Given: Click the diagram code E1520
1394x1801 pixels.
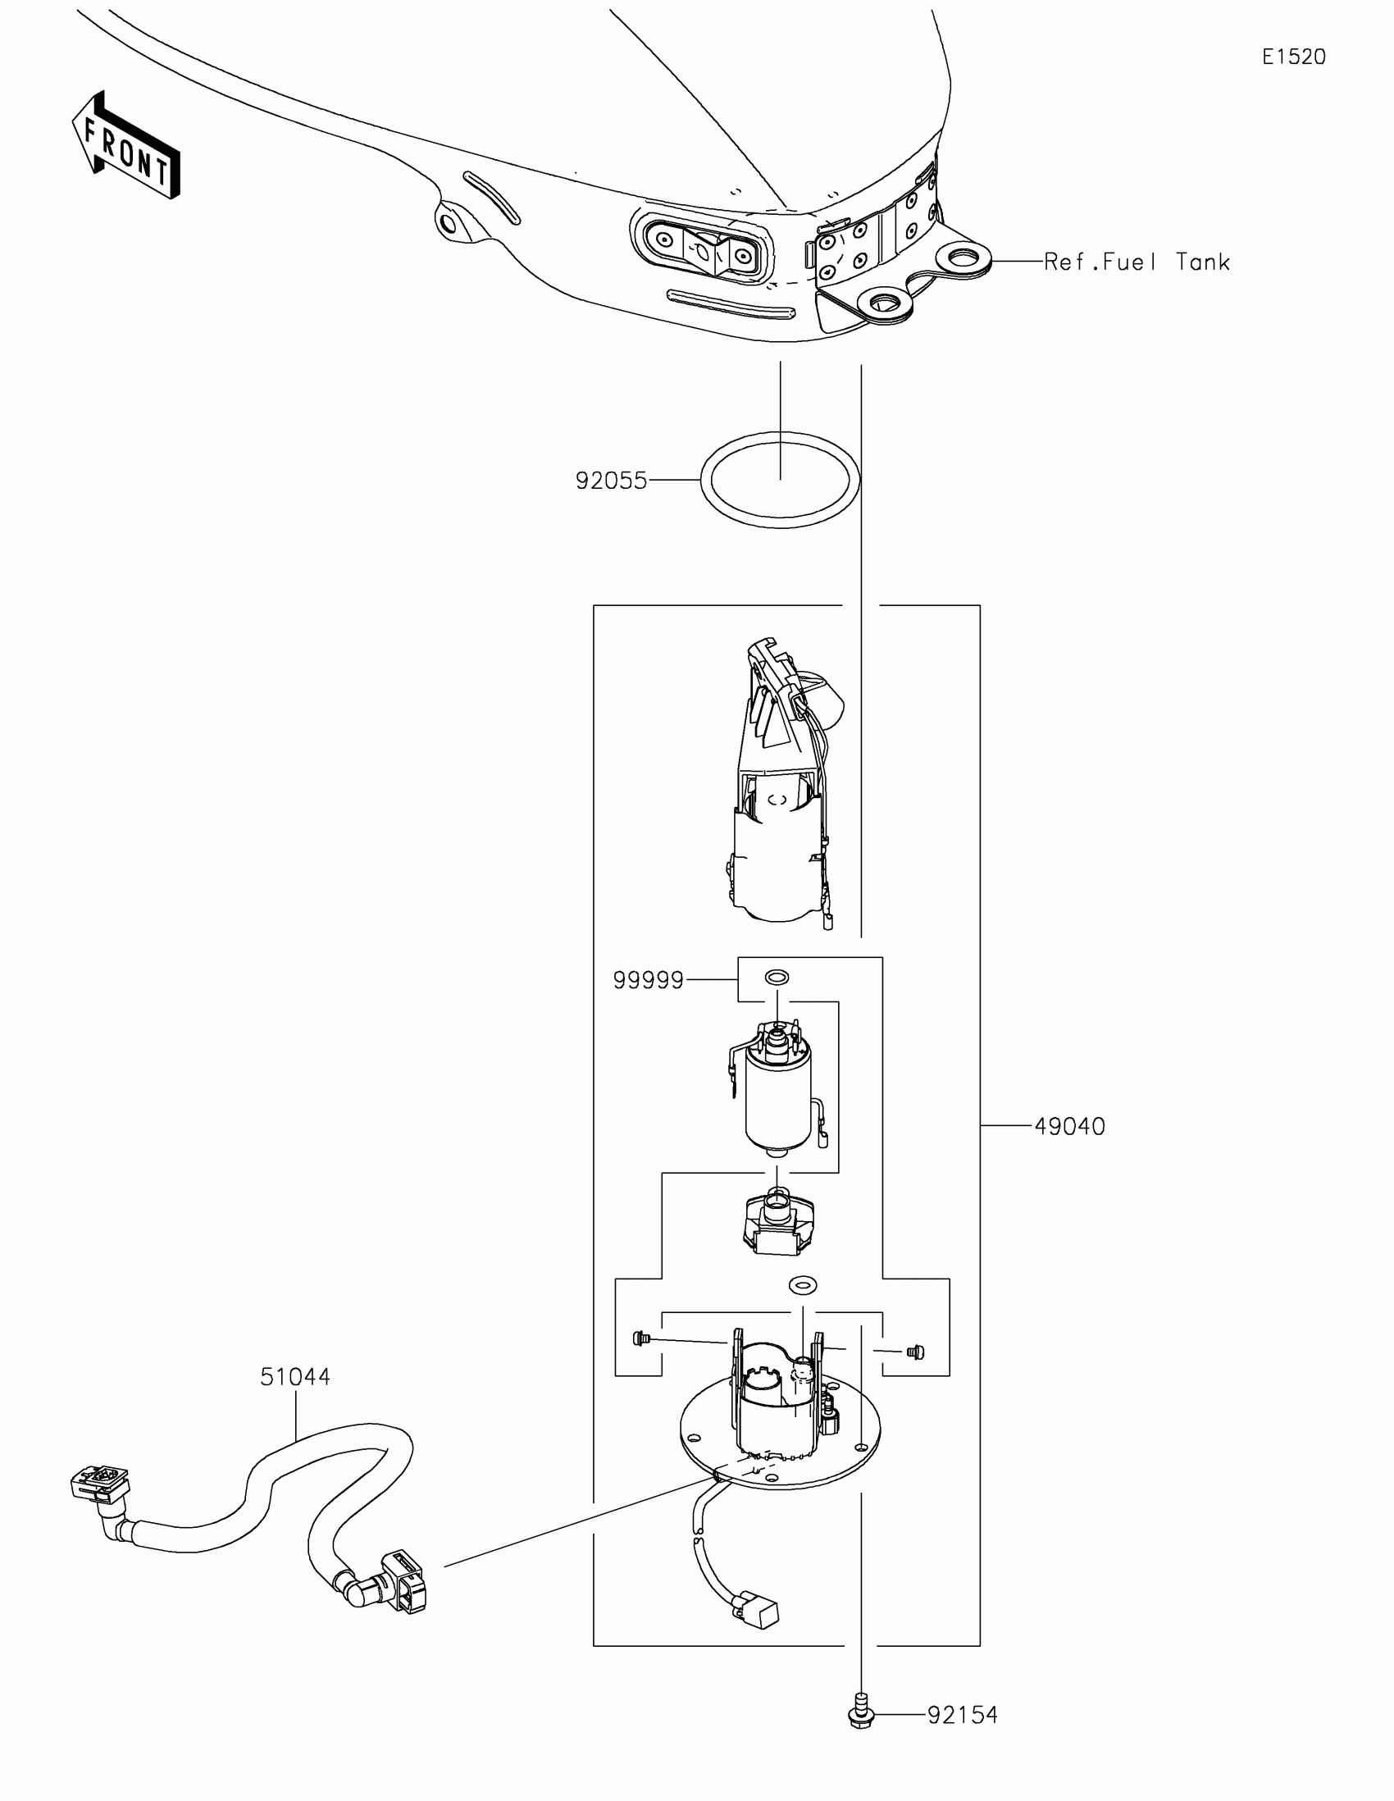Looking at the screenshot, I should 1293,57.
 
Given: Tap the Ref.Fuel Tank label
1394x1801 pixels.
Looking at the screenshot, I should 1137,262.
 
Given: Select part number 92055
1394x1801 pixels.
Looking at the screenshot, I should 612,481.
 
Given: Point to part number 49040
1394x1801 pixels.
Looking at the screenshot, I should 1069,1127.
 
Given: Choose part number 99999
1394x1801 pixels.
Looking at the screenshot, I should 648,981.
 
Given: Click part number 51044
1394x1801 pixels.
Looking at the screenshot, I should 295,1377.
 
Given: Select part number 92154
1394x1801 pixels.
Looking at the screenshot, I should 962,1715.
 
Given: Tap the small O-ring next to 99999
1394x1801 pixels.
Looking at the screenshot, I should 777,978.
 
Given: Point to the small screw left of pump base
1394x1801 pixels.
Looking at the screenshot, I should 640,1338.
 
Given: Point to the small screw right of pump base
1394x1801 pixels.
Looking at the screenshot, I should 913,1352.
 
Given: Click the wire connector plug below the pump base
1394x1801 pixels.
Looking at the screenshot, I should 761,1609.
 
